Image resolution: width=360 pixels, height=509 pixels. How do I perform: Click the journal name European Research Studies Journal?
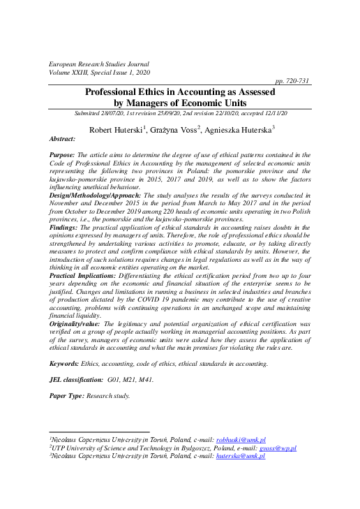99,64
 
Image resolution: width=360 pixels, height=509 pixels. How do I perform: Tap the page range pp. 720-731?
294,82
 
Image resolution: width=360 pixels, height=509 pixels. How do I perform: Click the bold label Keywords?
68,364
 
